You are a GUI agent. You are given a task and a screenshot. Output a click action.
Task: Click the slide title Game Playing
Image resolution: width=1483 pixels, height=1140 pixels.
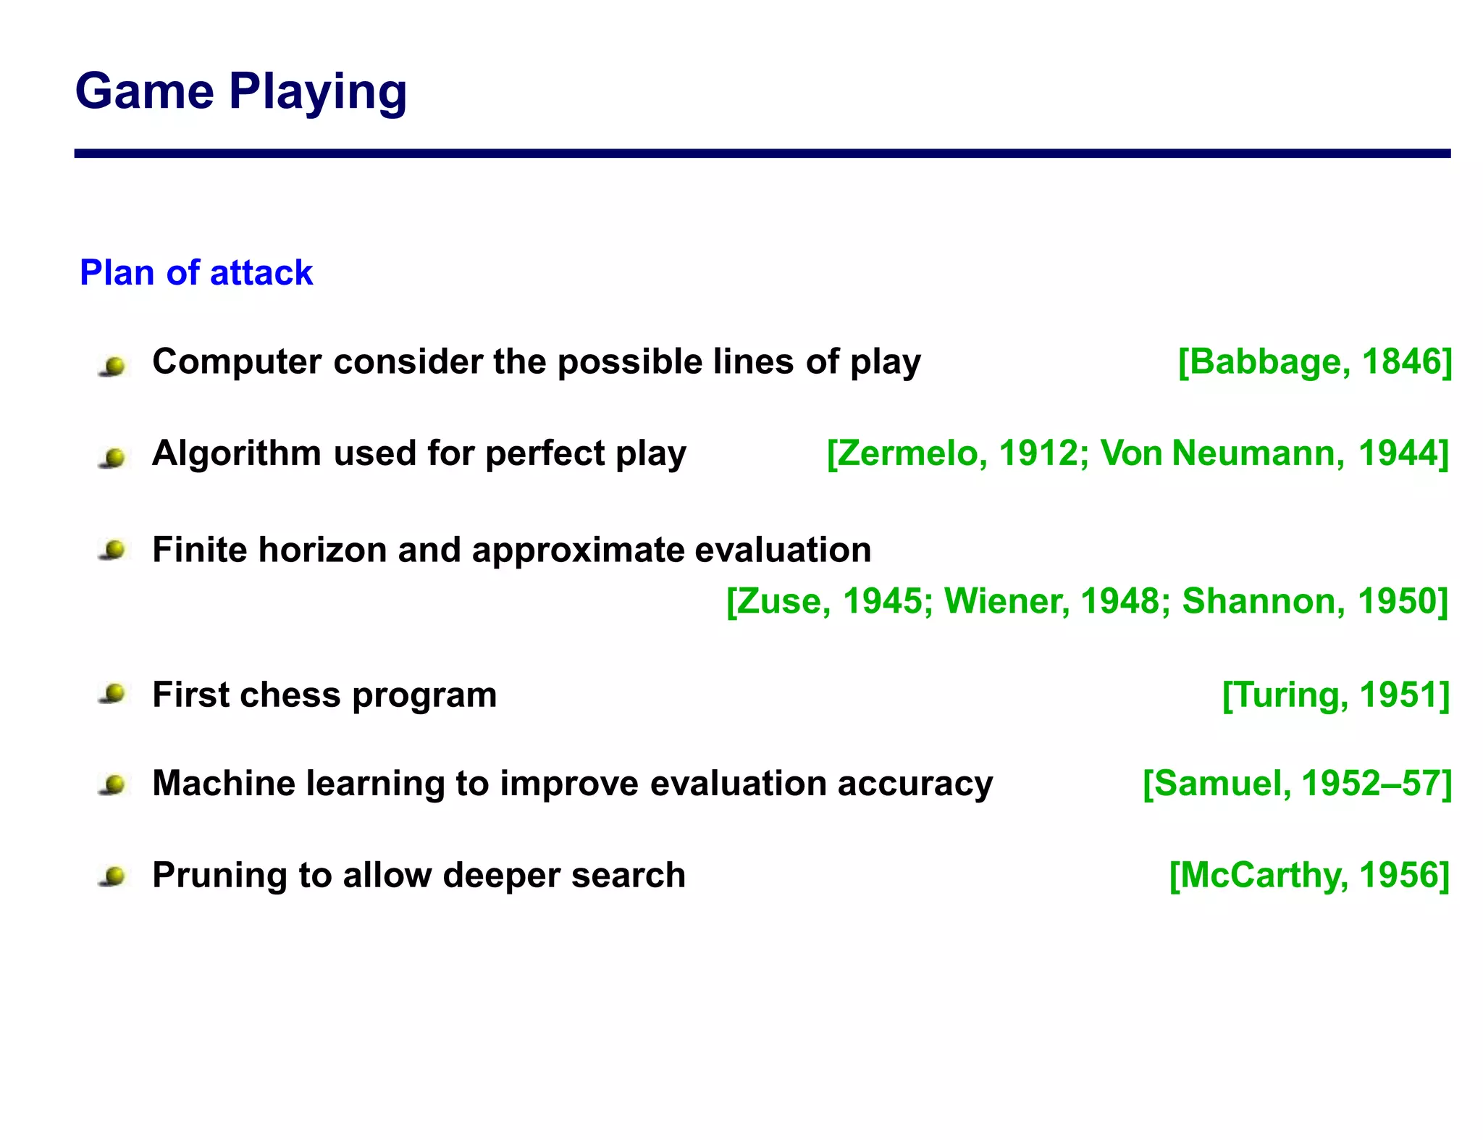coord(240,92)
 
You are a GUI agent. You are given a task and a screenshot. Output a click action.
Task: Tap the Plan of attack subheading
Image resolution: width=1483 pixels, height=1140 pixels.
coord(196,273)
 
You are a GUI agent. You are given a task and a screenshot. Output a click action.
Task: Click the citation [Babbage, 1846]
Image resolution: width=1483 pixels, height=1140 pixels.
coord(1314,361)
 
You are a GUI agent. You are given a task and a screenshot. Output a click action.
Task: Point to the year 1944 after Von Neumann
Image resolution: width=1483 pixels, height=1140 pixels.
coord(1400,453)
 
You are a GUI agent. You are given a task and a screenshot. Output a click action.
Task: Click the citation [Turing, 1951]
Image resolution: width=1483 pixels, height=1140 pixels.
coord(1335,695)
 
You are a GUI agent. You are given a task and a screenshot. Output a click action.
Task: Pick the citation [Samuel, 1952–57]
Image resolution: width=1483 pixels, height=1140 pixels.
coord(1296,784)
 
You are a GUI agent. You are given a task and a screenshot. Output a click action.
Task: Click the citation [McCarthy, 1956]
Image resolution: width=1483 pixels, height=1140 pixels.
coord(1309,876)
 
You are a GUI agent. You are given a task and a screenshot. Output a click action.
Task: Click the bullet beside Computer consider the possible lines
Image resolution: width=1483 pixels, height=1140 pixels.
coord(113,366)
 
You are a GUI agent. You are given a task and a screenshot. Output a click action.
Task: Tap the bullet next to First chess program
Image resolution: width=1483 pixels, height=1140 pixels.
coord(113,695)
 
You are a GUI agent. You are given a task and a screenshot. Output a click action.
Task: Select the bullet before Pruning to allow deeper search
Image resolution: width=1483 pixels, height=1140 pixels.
coord(113,877)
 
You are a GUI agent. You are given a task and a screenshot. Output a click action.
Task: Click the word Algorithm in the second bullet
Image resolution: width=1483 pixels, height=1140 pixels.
coord(236,453)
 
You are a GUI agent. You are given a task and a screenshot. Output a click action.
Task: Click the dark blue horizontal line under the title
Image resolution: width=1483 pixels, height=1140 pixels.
coord(762,154)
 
